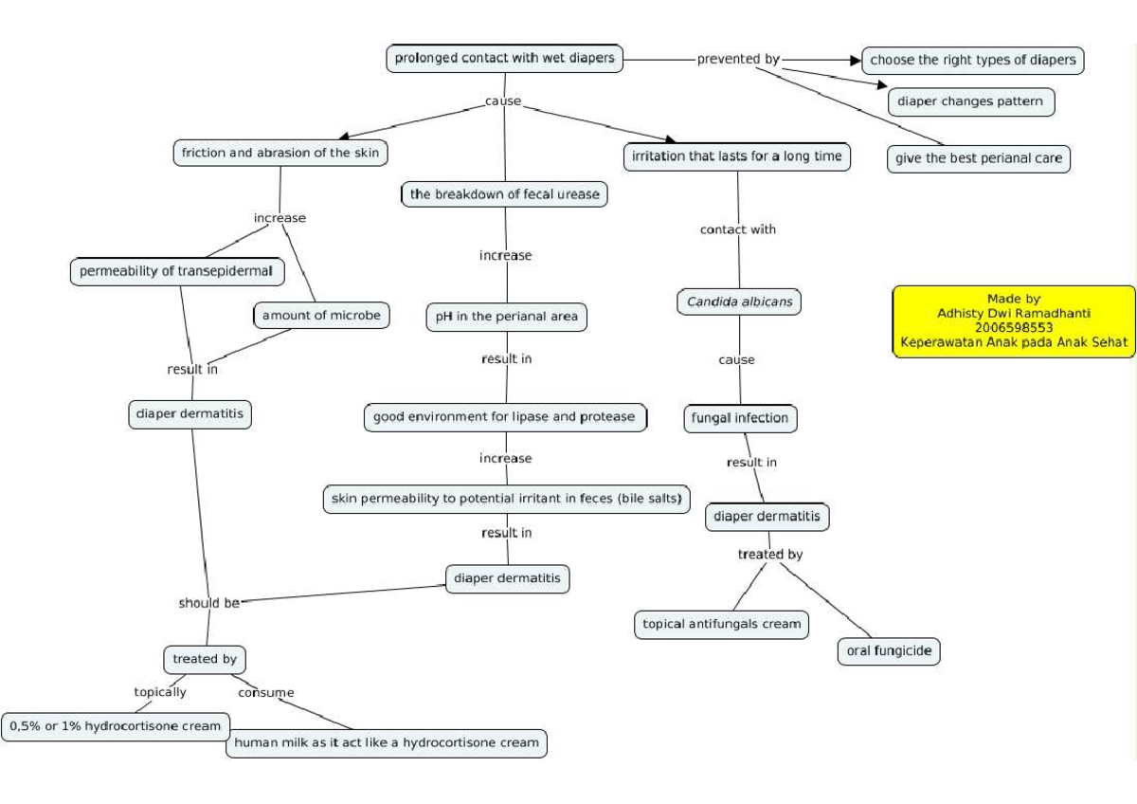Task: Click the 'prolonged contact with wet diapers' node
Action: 504,58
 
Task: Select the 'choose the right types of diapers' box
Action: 972,60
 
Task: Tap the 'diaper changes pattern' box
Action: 970,101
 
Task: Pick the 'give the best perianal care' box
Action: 978,158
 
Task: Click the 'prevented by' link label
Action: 737,59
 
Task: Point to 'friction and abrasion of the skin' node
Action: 280,153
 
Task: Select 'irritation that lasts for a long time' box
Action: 736,156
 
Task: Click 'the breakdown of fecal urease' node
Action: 504,194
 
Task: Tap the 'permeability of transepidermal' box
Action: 176,271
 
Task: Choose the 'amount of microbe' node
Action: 321,315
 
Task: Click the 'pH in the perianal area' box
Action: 506,318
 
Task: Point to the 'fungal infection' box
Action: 739,418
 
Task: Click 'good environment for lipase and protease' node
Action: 504,417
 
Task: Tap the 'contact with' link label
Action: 737,229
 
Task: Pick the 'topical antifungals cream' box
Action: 721,624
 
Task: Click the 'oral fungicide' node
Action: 888,651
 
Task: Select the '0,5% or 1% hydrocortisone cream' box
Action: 115,726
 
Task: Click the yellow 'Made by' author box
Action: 1013,320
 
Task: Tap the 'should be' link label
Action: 208,603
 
